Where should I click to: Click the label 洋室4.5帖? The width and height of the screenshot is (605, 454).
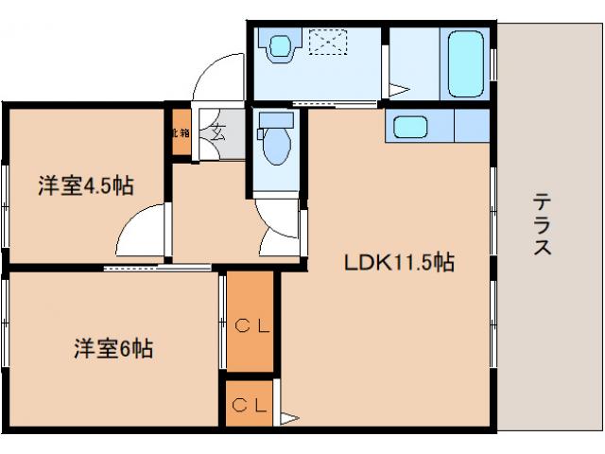pos(85,185)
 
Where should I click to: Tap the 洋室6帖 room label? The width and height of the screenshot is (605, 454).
pos(113,349)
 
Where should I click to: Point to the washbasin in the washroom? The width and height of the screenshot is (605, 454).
pos(281,45)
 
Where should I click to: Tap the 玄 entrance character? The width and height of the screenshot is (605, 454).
pos(216,131)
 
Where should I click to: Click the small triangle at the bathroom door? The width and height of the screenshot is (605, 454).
pos(400,92)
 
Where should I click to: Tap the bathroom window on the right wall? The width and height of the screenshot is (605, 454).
pos(493,62)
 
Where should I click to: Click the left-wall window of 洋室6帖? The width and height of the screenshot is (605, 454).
pos(5,323)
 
